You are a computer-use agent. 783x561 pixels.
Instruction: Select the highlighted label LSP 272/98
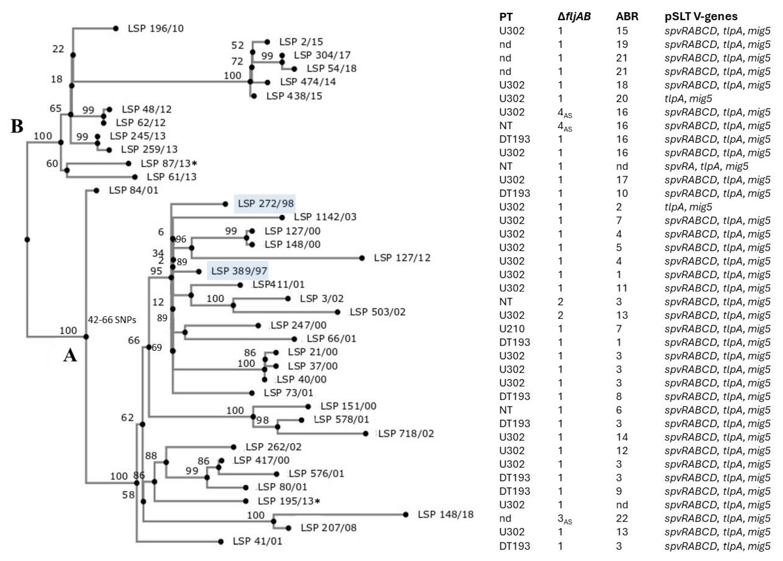(265, 203)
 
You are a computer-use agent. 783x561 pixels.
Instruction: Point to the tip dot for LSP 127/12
(362, 258)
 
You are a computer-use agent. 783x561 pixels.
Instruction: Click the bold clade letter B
(17, 126)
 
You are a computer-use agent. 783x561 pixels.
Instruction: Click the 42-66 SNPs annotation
(112, 320)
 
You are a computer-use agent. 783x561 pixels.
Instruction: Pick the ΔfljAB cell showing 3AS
(564, 519)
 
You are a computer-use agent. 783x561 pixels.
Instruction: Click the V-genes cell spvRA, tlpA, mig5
(706, 166)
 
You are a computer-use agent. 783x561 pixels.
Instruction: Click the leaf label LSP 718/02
(406, 434)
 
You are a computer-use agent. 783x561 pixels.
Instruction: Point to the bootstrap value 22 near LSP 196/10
(58, 49)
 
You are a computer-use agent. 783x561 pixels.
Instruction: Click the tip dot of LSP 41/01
(221, 542)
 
